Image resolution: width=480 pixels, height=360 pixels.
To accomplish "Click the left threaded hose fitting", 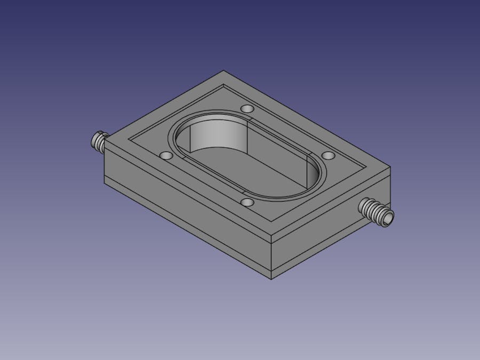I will pyautogui.click(x=99, y=141).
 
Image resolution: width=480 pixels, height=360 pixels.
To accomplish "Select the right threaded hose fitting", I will pyautogui.click(x=375, y=212).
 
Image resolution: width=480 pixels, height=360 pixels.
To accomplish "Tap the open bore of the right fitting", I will pyautogui.click(x=388, y=218).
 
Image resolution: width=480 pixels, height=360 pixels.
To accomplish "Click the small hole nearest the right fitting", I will pyautogui.click(x=329, y=155).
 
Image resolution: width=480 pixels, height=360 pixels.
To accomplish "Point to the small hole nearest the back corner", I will pyautogui.click(x=247, y=109).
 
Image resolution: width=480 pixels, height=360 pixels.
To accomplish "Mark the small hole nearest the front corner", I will pyautogui.click(x=247, y=203).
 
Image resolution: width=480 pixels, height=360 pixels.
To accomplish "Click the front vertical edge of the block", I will pyautogui.click(x=272, y=251).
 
